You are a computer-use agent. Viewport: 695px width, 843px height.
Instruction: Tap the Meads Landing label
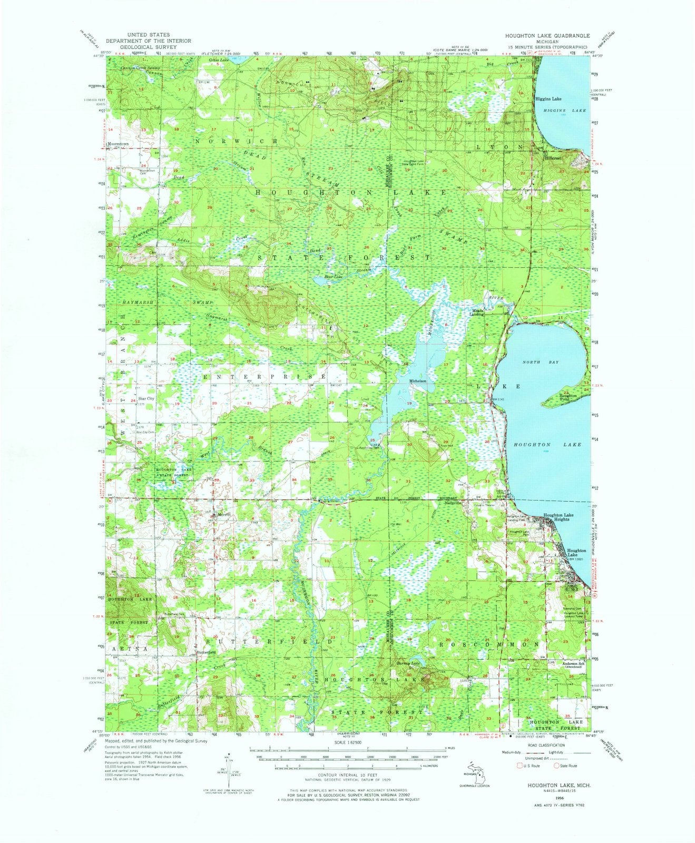pos(477,312)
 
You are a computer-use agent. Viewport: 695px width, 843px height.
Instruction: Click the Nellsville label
pos(452,503)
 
